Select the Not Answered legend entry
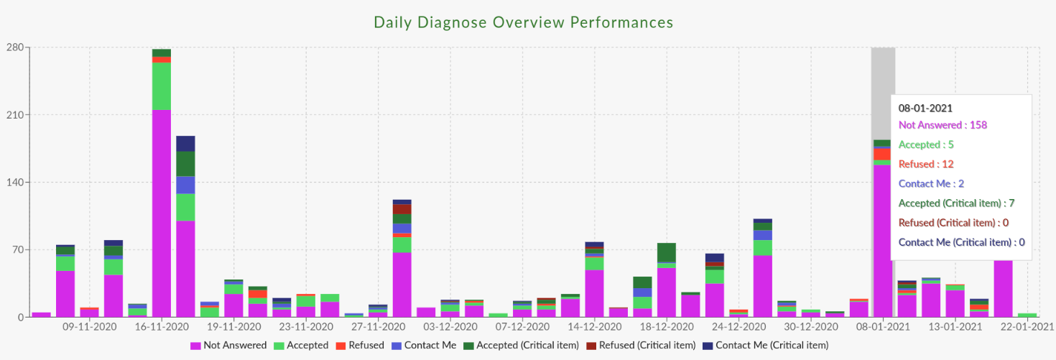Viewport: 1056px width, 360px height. pyautogui.click(x=228, y=346)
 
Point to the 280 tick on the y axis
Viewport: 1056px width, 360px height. pyautogui.click(x=15, y=48)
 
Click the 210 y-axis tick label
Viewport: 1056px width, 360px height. pyautogui.click(x=15, y=115)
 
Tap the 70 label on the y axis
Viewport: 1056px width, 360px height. pyautogui.click(x=17, y=250)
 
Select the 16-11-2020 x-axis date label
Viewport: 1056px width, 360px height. pyautogui.click(x=161, y=327)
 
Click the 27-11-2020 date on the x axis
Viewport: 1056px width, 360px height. pyautogui.click(x=378, y=327)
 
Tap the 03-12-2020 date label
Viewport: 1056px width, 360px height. pyautogui.click(x=450, y=327)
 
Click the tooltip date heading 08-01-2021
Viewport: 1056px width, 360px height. pyautogui.click(x=925, y=109)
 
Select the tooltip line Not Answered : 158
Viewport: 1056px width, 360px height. pyautogui.click(x=942, y=125)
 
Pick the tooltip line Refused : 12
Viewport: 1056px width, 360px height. pyautogui.click(x=926, y=164)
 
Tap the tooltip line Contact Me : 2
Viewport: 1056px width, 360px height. pyautogui.click(x=931, y=183)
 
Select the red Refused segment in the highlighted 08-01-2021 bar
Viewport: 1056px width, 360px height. pyautogui.click(x=881, y=154)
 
